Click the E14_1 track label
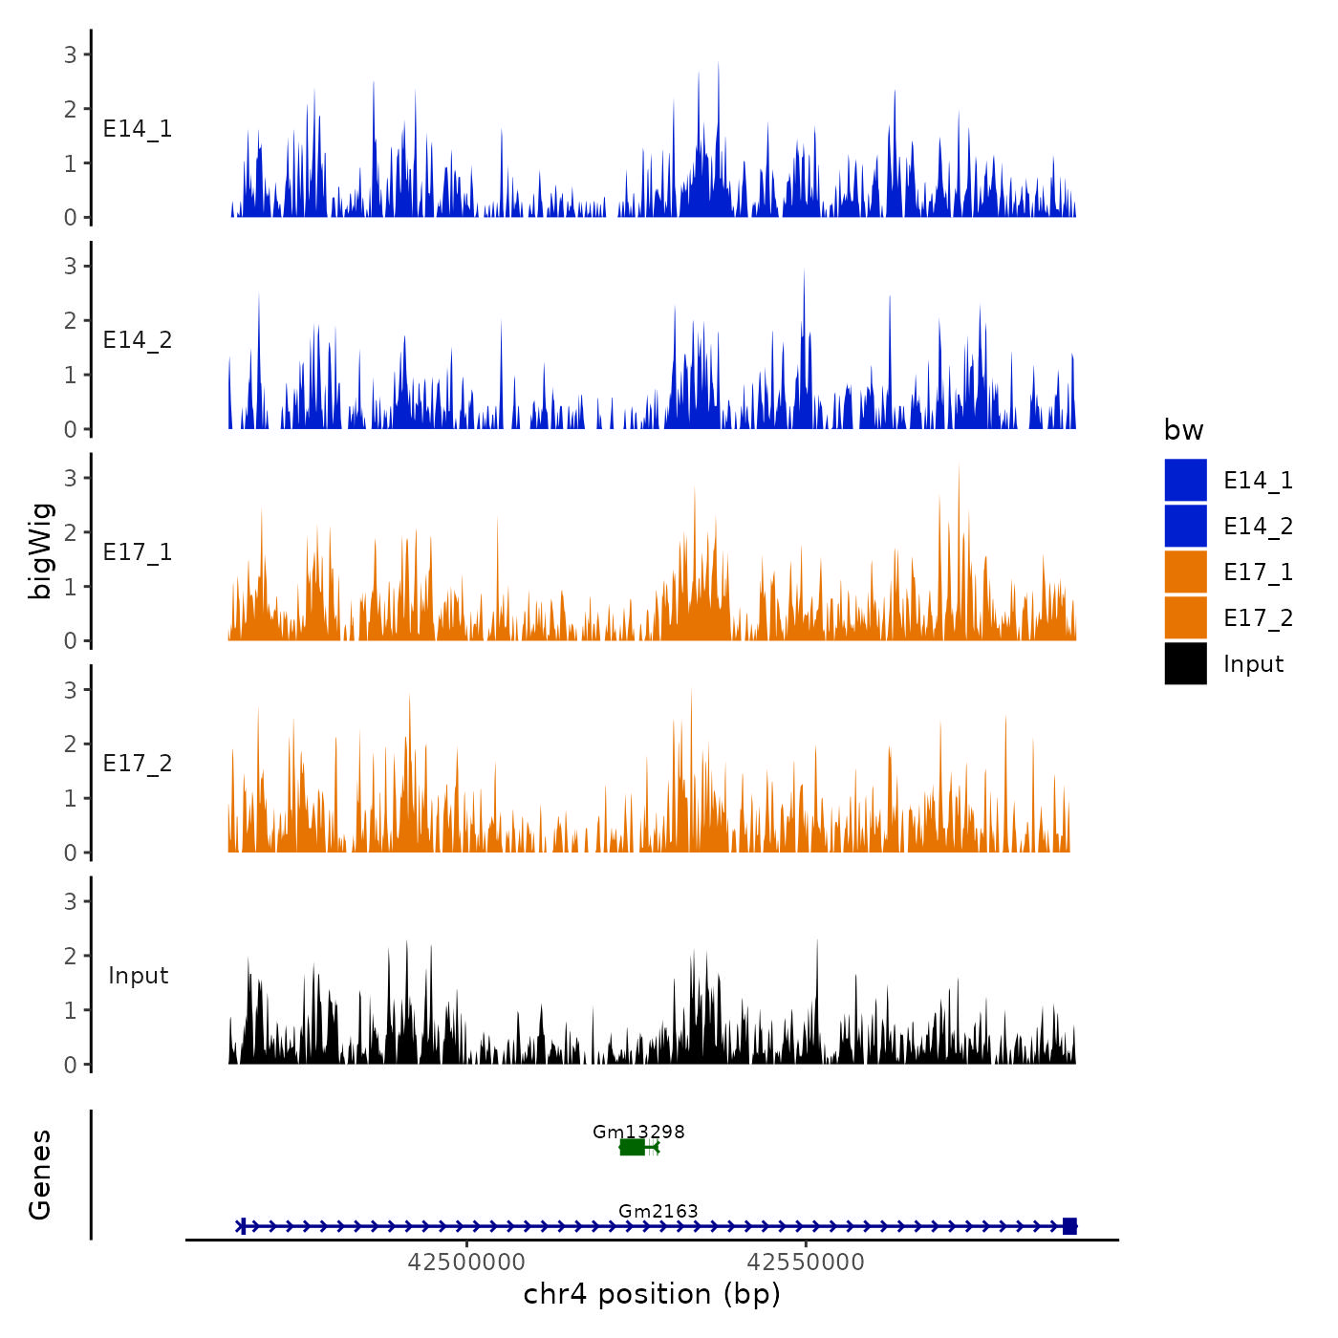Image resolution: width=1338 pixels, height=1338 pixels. pyautogui.click(x=138, y=129)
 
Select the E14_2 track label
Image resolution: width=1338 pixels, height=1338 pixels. pyautogui.click(x=138, y=340)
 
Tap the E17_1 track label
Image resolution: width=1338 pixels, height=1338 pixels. pyautogui.click(x=138, y=552)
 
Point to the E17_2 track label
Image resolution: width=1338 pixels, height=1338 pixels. pyautogui.click(x=138, y=764)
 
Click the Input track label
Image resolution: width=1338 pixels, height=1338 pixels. pyautogui.click(x=138, y=976)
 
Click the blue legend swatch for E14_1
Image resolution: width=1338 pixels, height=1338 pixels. pyautogui.click(x=1185, y=480)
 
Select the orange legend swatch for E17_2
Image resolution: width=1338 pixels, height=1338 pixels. pyautogui.click(x=1185, y=617)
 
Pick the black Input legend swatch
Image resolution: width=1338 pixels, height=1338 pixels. pyautogui.click(x=1185, y=663)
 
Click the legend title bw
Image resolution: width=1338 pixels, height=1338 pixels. pyautogui.click(x=1183, y=430)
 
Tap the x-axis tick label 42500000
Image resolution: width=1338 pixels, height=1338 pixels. pyautogui.click(x=466, y=1262)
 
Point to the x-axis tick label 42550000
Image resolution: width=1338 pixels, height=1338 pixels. pyautogui.click(x=806, y=1262)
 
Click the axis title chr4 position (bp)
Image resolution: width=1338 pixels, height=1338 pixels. pyautogui.click(x=652, y=1295)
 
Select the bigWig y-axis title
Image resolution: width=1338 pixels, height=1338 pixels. pyautogui.click(x=41, y=550)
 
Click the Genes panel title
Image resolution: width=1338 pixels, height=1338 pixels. pyautogui.click(x=41, y=1175)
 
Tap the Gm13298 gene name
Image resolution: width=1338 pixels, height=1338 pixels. pyautogui.click(x=638, y=1133)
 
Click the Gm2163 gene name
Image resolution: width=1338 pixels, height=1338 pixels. pyautogui.click(x=658, y=1212)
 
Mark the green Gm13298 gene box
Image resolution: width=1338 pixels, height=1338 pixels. pyautogui.click(x=632, y=1147)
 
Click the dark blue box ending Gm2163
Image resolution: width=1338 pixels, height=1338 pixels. pyautogui.click(x=1069, y=1226)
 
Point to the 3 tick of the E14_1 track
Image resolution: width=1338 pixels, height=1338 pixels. pyautogui.click(x=71, y=54)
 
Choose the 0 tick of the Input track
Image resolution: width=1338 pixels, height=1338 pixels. pyautogui.click(x=71, y=1065)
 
